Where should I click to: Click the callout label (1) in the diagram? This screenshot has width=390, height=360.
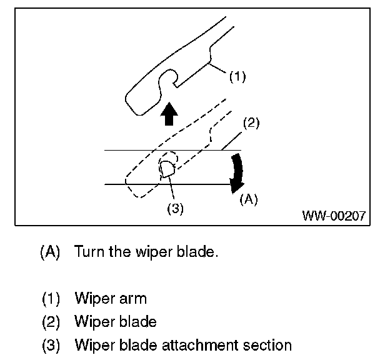pyautogui.click(x=237, y=77)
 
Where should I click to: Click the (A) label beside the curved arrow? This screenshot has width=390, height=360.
pyautogui.click(x=249, y=199)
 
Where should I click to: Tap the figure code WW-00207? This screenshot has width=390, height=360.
pyautogui.click(x=334, y=216)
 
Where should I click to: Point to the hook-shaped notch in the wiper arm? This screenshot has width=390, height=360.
pyautogui.click(x=167, y=81)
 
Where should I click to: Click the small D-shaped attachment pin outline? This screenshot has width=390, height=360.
pyautogui.click(x=167, y=169)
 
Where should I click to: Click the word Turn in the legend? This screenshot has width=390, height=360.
pyautogui.click(x=89, y=253)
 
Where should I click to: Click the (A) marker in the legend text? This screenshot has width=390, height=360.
pyautogui.click(x=50, y=253)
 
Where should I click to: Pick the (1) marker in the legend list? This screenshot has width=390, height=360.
pyautogui.click(x=51, y=299)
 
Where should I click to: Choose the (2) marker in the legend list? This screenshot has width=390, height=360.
pyautogui.click(x=51, y=322)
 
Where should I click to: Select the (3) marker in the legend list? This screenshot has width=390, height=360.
pyautogui.click(x=51, y=344)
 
